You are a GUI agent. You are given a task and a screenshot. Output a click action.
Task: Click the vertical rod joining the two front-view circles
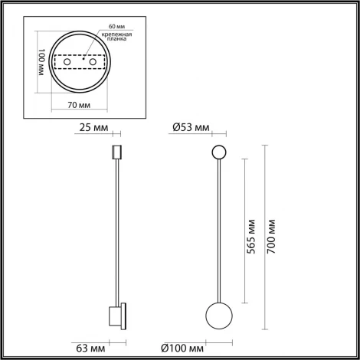[x=218, y=230]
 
